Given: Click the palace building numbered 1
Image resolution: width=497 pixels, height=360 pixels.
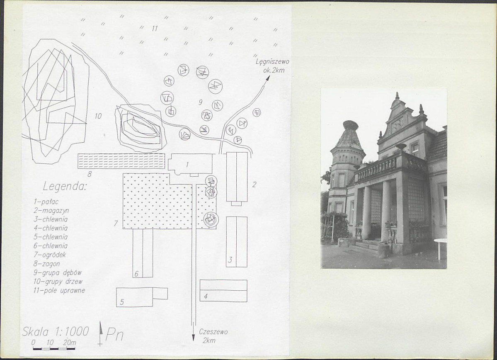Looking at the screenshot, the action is pos(190,164).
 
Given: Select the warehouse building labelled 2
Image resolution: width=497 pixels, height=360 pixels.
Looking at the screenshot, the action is pos(237,178).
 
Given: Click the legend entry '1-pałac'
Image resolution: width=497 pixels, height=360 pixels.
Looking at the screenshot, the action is pos(46,202).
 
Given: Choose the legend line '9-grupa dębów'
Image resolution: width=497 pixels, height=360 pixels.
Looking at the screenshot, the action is pos(57,272).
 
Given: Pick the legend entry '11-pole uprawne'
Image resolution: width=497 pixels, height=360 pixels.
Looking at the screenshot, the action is pos(59,290).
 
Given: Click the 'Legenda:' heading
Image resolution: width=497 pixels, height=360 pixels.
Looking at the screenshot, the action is pos(64,187).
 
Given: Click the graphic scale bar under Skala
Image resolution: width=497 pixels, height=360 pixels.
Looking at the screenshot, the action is pos(54,348).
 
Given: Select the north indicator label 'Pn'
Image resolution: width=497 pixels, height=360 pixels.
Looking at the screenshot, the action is pos(114,335).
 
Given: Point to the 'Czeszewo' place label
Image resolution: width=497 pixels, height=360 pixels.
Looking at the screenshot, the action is pos(213,332).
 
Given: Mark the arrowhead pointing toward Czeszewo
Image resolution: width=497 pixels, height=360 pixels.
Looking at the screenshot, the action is pos(193,338).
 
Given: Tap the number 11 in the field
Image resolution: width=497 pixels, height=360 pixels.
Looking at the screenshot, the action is pos(154,29).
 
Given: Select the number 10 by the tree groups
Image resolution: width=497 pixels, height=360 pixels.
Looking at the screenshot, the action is pos(98,116).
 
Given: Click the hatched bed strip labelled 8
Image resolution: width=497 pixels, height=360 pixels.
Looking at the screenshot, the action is pos(121,161).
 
